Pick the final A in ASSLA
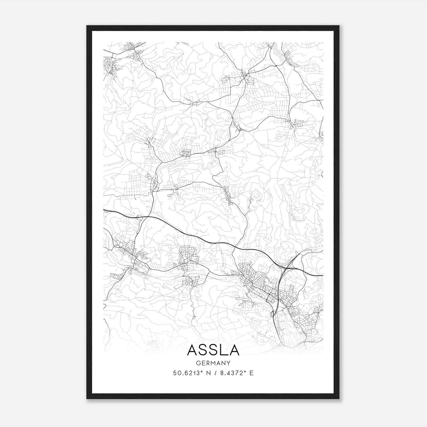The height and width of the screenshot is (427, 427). (x=234, y=350)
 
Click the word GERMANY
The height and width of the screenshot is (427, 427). (x=213, y=363)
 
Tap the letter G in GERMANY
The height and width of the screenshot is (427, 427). (x=198, y=363)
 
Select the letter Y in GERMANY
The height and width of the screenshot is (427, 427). (x=228, y=363)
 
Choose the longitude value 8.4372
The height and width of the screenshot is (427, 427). (x=231, y=373)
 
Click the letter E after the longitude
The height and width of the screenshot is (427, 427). (x=251, y=373)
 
